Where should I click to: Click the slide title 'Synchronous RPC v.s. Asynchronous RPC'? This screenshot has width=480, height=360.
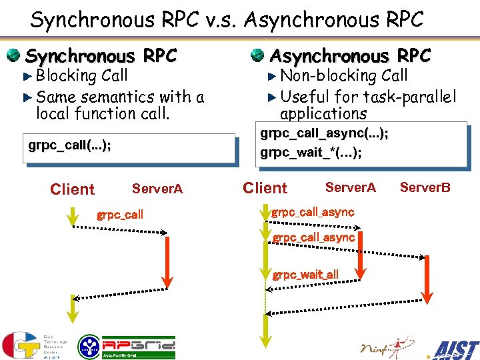pyautogui.click(x=227, y=20)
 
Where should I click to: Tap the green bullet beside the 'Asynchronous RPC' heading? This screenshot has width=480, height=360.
pyautogui.click(x=257, y=55)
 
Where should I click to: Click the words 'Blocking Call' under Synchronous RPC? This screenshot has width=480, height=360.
pyautogui.click(x=82, y=76)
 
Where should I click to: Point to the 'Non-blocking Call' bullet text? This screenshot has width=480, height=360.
pyautogui.click(x=343, y=76)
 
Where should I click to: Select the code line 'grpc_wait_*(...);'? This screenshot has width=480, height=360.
pyautogui.click(x=311, y=153)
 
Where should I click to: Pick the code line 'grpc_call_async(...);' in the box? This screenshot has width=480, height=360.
pyautogui.click(x=324, y=133)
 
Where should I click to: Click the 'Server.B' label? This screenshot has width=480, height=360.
pyautogui.click(x=425, y=187)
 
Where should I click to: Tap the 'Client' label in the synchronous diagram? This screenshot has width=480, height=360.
pyautogui.click(x=72, y=189)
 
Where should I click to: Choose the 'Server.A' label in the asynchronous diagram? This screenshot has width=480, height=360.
pyautogui.click(x=350, y=188)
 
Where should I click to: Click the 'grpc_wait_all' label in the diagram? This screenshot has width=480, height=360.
pyautogui.click(x=305, y=274)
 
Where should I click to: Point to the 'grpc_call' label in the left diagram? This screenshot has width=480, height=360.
pyautogui.click(x=120, y=215)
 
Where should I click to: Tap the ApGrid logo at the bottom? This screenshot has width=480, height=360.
pyautogui.click(x=127, y=347)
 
